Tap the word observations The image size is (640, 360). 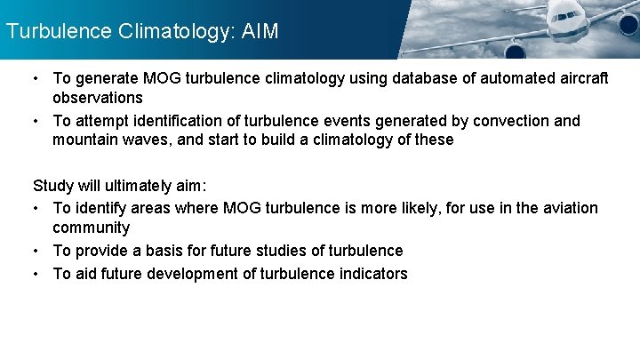pos(98,98)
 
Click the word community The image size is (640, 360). pos(91,228)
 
